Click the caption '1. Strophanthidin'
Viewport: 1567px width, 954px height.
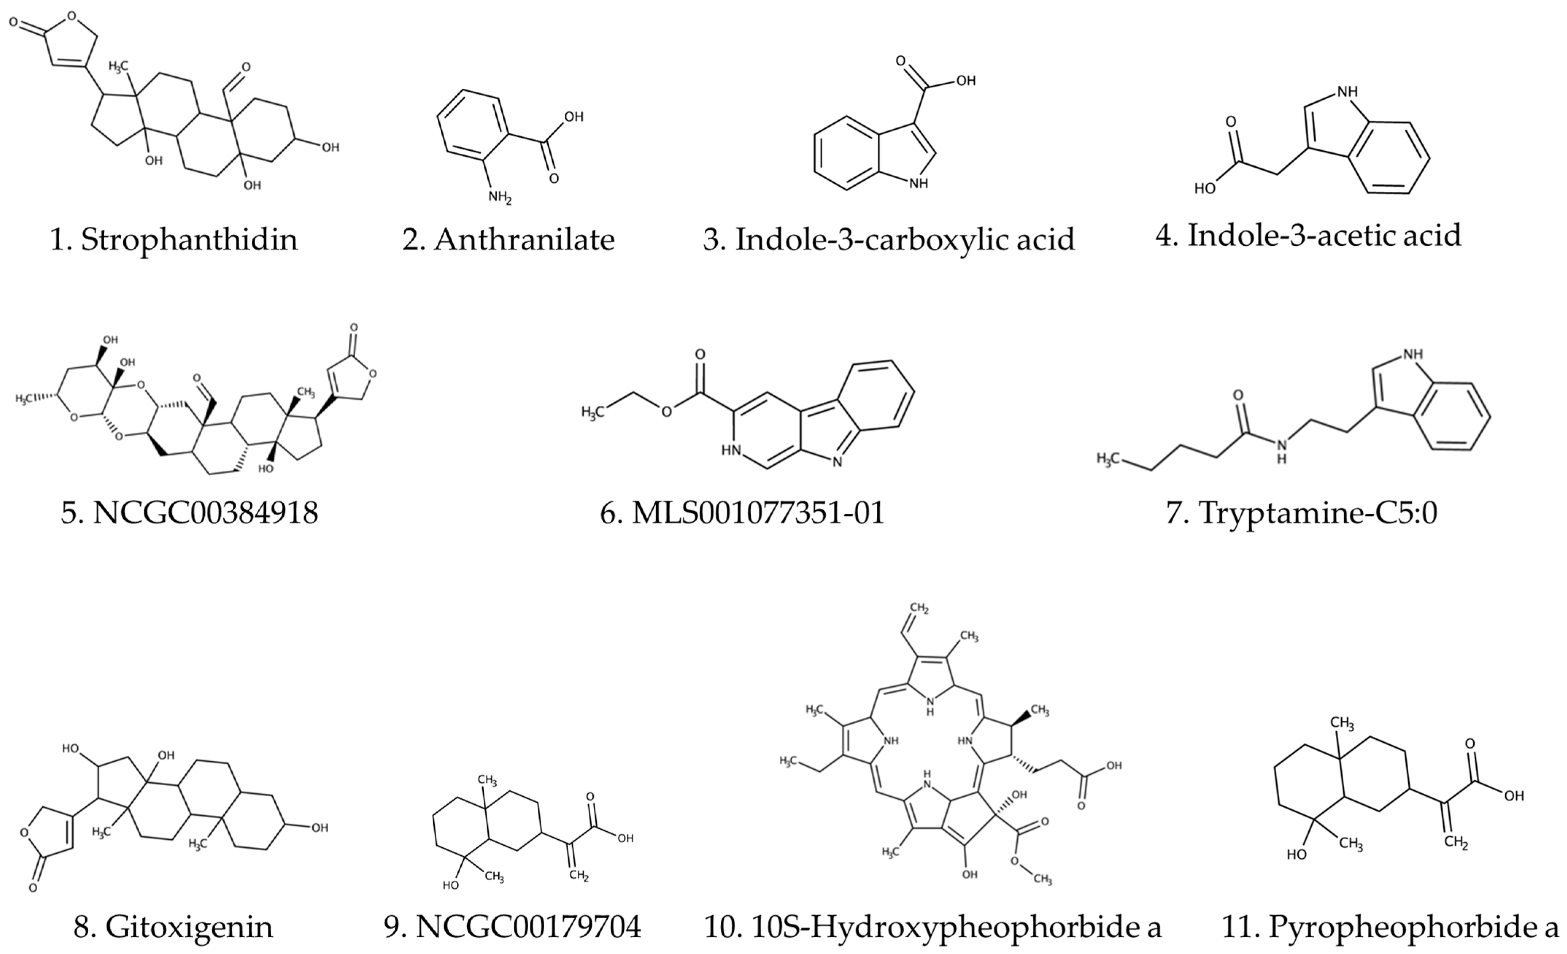174,240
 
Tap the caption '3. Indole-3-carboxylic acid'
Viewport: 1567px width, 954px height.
889,240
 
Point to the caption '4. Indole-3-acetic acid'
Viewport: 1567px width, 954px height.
1308,235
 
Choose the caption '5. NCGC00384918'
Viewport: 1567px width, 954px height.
190,512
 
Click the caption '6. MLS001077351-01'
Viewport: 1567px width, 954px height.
742,512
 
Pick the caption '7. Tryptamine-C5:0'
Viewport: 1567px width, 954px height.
1302,512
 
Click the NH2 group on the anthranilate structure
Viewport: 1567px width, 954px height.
500,197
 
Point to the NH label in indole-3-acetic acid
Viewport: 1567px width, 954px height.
1347,92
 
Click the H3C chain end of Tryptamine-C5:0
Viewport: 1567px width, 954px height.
1107,458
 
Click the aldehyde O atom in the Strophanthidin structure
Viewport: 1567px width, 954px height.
246,67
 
